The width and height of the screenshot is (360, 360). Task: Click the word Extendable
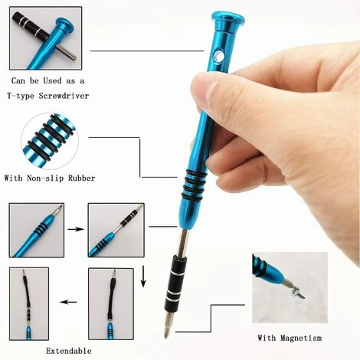coord(69,351)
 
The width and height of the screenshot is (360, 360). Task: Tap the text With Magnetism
coord(290,338)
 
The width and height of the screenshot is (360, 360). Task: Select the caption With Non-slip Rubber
coord(50,178)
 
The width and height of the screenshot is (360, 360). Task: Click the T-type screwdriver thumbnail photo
coord(45,38)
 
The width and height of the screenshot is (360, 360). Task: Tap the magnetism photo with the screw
coord(290,287)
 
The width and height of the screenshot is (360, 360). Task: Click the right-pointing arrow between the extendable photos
coord(75,227)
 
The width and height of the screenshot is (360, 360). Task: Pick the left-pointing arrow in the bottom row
coord(68,302)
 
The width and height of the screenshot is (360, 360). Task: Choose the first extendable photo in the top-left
coord(36,229)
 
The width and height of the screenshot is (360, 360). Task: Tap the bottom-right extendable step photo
coord(110,303)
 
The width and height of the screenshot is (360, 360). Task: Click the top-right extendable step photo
coord(115,229)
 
